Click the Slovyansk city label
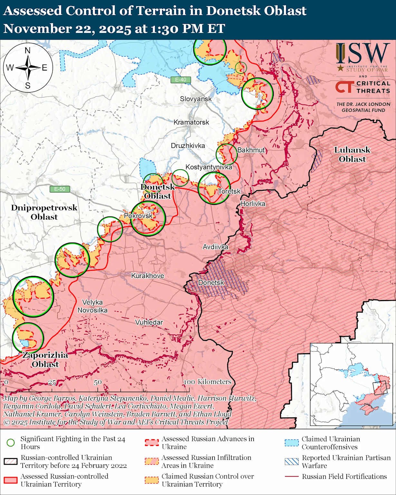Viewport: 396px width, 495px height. (196, 99)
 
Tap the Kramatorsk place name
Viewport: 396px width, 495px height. (191, 122)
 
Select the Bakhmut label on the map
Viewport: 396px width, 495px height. (251, 150)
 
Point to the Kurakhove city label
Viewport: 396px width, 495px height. (148, 276)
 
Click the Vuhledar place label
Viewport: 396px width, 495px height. (149, 322)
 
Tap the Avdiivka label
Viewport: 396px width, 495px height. (215, 247)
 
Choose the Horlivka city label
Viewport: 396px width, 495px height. (253, 204)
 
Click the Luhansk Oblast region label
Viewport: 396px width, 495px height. (352, 154)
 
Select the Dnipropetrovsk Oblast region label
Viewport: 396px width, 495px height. (44, 212)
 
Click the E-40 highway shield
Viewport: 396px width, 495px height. (180, 80)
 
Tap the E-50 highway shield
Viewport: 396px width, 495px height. (60, 189)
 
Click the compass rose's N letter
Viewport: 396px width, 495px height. (28, 51)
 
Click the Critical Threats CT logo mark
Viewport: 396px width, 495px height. (344, 87)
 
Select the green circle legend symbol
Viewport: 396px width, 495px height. (11, 442)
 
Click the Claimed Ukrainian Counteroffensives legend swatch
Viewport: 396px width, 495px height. (292, 442)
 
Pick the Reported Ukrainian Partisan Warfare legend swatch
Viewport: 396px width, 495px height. (292, 461)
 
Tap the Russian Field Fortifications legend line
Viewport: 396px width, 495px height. (292, 477)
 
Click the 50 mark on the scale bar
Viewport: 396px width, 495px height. (98, 382)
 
